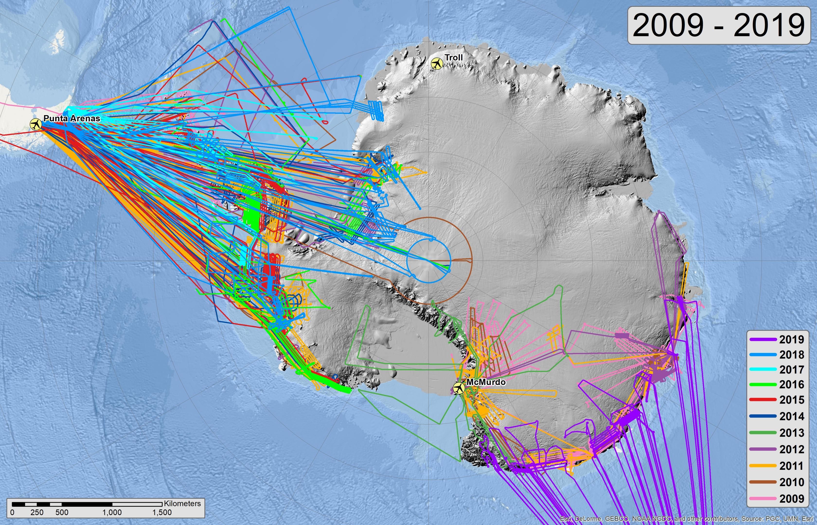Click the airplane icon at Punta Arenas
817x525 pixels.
(x=36, y=124)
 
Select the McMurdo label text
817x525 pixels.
(x=486, y=382)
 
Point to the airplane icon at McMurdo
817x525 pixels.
(x=459, y=388)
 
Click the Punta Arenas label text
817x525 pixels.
(x=71, y=118)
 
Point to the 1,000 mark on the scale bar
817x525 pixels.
(x=112, y=512)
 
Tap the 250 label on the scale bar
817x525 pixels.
(x=37, y=512)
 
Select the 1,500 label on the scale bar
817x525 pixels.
(x=162, y=512)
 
